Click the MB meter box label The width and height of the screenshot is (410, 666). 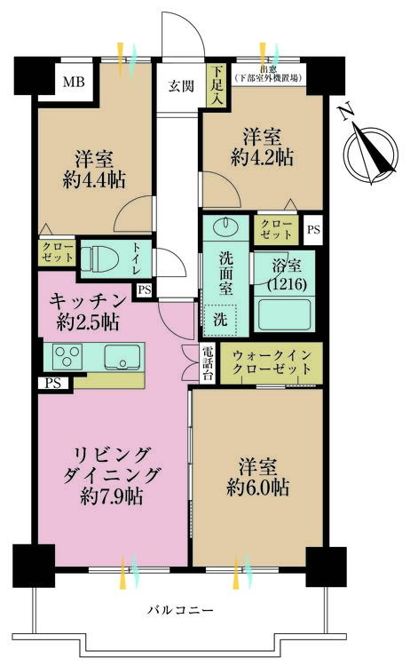(74, 82)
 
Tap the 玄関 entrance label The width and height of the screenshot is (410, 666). (181, 86)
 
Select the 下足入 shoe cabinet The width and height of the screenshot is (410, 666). (217, 85)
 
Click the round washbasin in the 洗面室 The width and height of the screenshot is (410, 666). (225, 226)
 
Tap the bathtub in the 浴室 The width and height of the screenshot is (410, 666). (284, 313)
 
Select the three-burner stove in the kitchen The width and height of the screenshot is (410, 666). (67, 356)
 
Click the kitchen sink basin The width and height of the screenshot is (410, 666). (122, 357)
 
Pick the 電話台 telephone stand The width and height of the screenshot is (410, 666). (208, 362)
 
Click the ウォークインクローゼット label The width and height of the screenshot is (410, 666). (272, 361)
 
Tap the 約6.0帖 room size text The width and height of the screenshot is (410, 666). (258, 488)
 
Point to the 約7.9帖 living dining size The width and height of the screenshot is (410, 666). (112, 496)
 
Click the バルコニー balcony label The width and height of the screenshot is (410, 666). (180, 611)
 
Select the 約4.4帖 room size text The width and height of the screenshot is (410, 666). (94, 180)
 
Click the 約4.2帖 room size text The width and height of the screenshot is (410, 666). (262, 157)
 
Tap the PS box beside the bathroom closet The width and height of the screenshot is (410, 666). (313, 230)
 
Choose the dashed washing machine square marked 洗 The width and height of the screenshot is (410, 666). (219, 320)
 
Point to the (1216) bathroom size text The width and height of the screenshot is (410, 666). (287, 284)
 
